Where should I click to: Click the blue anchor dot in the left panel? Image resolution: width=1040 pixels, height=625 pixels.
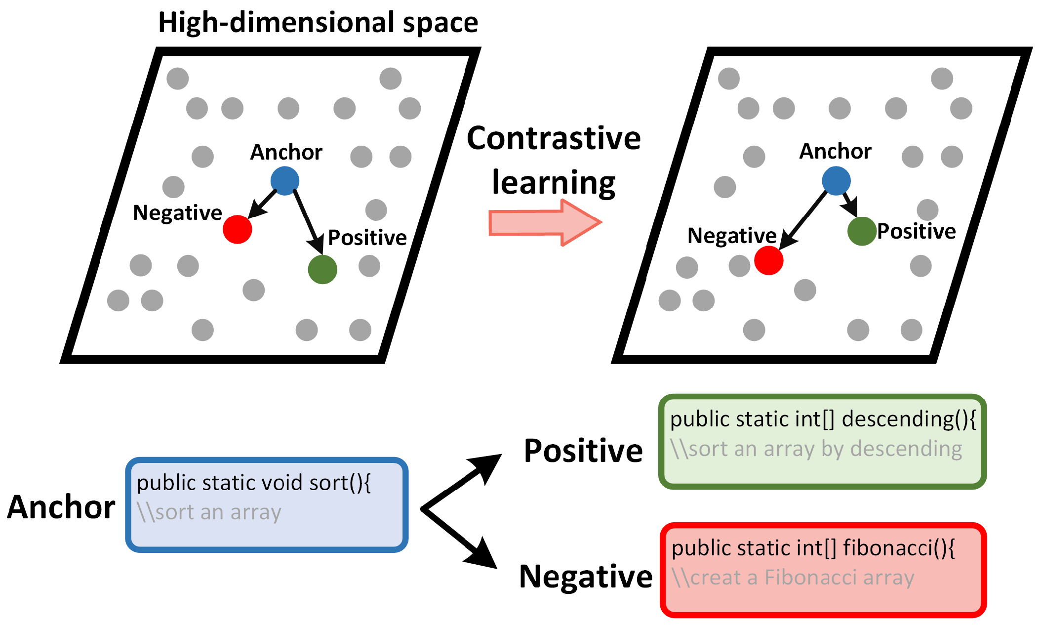pos(285,181)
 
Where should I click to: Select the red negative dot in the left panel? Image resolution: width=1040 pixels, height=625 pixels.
pos(238,229)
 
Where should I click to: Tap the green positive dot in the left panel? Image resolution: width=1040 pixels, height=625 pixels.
pos(322,269)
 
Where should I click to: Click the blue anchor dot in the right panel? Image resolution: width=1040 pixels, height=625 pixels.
pos(836,181)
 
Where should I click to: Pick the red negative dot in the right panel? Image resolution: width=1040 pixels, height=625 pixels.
pos(769,260)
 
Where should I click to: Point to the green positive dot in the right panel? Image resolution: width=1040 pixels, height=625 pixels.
pos(862,231)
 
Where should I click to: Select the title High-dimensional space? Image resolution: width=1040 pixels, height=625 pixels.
pos(318,23)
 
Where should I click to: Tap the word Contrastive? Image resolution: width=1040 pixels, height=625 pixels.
pos(554,138)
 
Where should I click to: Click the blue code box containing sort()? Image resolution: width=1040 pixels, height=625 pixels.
pos(267,504)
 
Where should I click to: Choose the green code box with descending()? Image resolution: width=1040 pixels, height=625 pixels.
pos(822,442)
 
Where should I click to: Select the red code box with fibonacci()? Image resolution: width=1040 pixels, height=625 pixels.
pos(823,570)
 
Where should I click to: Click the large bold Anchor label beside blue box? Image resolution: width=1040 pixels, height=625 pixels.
pos(61,507)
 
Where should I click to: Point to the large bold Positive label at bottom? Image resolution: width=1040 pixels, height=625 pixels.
pos(583,451)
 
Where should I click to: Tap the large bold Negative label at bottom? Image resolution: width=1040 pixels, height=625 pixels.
pos(586,577)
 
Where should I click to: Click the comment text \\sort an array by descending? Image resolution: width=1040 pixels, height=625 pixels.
pos(816,449)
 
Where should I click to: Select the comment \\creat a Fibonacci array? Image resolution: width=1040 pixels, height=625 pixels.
pos(793,578)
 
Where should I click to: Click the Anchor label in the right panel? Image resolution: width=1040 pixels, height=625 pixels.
pos(835,151)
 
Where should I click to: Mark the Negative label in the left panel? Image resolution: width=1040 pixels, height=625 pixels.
pos(177,213)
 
